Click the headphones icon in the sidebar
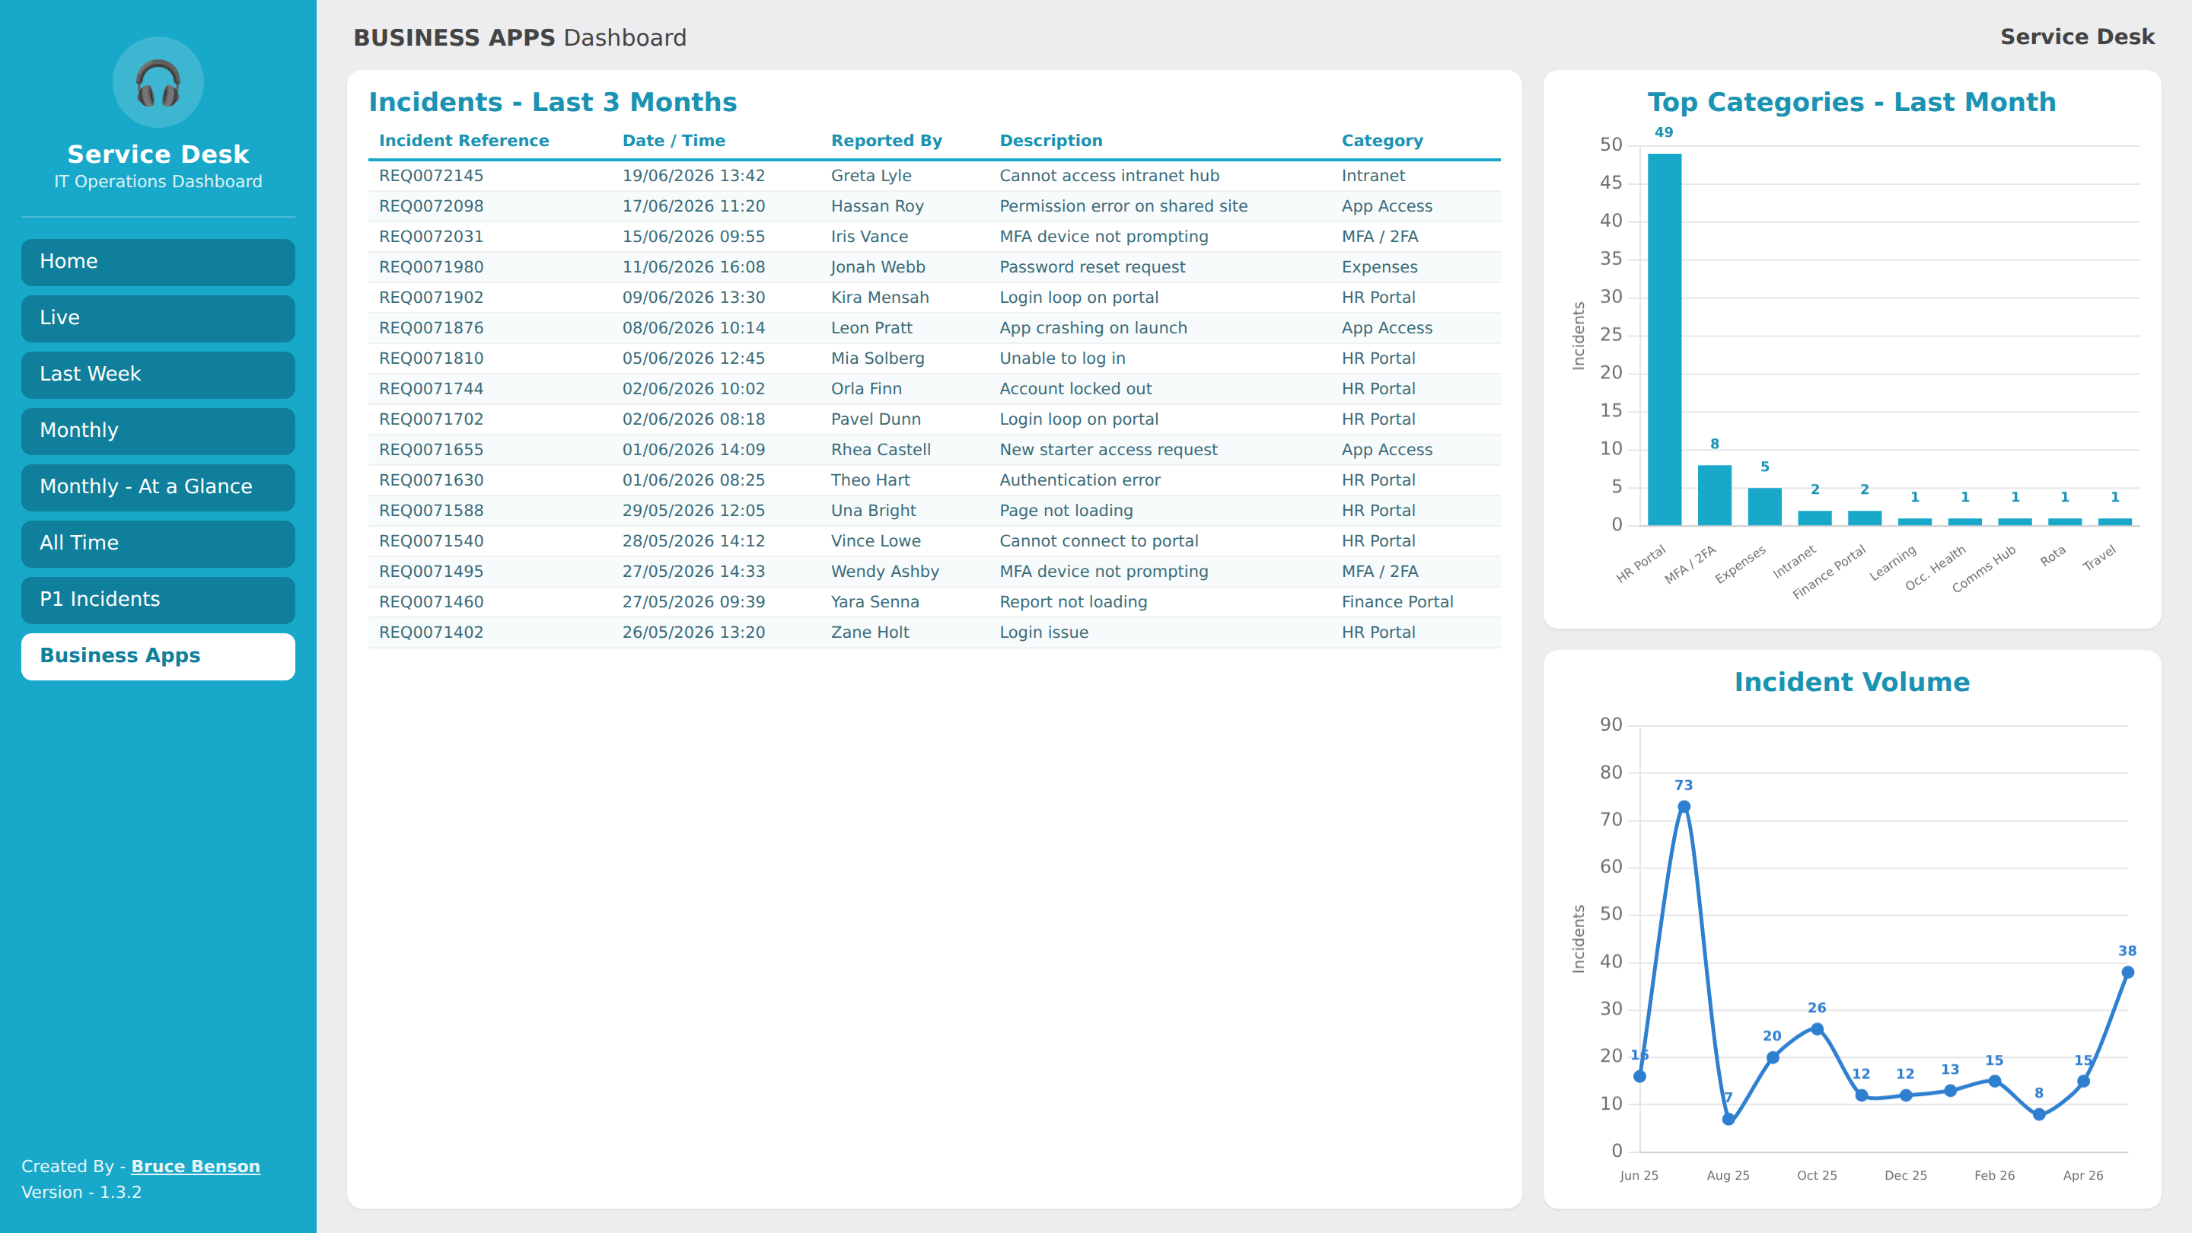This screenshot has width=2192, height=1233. tap(158, 82)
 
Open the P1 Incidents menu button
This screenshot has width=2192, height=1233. tap(158, 600)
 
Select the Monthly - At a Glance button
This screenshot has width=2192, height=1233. tap(158, 487)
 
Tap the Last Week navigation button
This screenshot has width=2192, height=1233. tap(158, 374)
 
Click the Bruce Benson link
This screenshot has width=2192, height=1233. tap(196, 1166)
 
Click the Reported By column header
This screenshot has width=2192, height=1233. tap(887, 140)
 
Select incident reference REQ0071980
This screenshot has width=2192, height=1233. tap(432, 267)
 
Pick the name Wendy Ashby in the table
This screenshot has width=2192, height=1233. tap(885, 572)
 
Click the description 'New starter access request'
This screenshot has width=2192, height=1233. tap(1108, 450)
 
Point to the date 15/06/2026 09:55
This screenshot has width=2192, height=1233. tap(693, 237)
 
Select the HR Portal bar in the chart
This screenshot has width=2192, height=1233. tap(1665, 339)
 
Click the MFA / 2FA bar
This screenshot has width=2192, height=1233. tap(1715, 495)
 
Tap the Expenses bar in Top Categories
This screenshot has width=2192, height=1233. tap(1765, 506)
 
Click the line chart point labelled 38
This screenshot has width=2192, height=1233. tap(2127, 973)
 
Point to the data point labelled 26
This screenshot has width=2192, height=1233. tap(1817, 1029)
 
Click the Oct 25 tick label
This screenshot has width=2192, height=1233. tap(1817, 1175)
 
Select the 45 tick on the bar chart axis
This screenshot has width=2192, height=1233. tap(1611, 183)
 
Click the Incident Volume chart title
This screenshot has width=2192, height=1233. tap(1852, 682)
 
